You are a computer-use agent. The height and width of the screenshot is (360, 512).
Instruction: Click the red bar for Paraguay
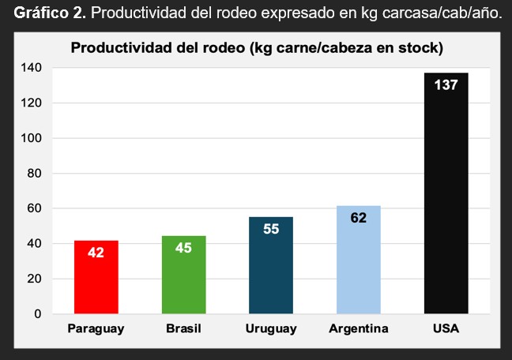96,277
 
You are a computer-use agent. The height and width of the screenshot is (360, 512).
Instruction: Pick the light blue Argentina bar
359,260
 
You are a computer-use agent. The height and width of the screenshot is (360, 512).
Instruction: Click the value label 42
96,253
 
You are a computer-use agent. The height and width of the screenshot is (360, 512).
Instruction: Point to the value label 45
183,248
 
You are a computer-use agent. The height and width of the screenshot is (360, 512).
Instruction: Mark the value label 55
271,231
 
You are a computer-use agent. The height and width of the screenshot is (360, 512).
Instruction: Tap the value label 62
359,218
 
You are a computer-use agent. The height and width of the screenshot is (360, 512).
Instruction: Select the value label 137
446,84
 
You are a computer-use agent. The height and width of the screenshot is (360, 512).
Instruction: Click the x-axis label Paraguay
96,328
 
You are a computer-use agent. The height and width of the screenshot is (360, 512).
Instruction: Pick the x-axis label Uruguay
271,328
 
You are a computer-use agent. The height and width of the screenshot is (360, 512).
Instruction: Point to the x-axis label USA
446,328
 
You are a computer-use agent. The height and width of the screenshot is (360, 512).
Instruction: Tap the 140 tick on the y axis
32,68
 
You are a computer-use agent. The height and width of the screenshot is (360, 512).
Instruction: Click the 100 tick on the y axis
32,138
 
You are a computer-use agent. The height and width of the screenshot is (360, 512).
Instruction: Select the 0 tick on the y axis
37,313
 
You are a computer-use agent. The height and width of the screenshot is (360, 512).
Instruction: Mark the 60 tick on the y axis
34,208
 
